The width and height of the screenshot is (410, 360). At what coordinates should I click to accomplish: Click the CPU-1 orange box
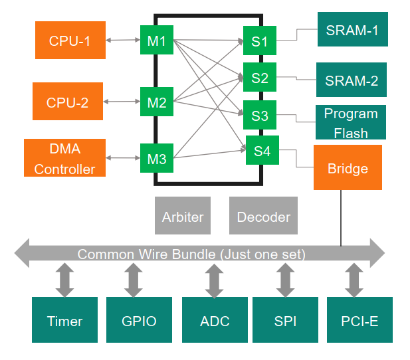click(x=69, y=41)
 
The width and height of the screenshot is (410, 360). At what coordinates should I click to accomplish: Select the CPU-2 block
click(x=67, y=102)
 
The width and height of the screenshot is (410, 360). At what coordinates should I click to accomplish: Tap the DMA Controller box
click(x=64, y=158)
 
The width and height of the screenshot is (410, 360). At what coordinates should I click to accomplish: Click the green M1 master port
click(x=157, y=41)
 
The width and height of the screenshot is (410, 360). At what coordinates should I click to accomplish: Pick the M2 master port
click(x=157, y=102)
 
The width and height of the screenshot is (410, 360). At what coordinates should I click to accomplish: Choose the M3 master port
click(x=157, y=158)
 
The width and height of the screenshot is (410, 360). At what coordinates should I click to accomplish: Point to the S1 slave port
click(x=259, y=42)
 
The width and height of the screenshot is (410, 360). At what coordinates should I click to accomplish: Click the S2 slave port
click(x=259, y=78)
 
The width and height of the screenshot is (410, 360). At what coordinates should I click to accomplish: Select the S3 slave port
click(x=259, y=116)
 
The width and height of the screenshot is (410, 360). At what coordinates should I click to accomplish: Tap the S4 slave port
click(x=262, y=151)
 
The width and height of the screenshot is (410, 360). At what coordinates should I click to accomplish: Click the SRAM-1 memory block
click(x=352, y=30)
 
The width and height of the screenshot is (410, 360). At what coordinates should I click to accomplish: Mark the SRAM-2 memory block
click(x=351, y=80)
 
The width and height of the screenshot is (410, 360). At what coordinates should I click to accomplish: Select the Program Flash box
click(x=350, y=122)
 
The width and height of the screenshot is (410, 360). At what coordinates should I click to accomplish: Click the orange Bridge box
click(x=348, y=167)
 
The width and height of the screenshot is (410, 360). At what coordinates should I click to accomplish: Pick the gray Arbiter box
click(x=183, y=216)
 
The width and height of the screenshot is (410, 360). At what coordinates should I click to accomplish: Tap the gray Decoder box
click(x=263, y=216)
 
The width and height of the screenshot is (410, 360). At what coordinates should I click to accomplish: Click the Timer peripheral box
click(x=64, y=321)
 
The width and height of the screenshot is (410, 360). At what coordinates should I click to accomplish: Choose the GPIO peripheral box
click(x=139, y=321)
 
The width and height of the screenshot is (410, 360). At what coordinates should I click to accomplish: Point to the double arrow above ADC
click(x=214, y=280)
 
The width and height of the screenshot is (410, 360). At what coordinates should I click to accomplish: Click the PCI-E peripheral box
click(x=359, y=321)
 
